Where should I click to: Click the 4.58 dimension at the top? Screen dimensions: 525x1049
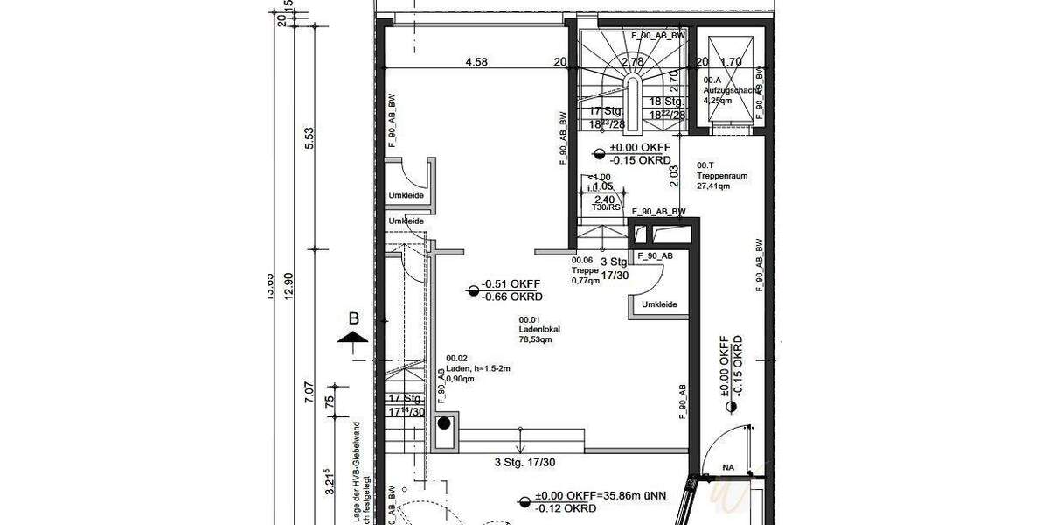(x=476, y=62)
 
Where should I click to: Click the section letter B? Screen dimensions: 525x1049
(x=353, y=318)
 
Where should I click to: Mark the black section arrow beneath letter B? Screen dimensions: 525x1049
(x=352, y=337)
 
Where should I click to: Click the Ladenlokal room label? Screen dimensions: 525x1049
(x=539, y=330)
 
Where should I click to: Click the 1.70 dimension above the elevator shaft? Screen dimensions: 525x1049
(x=731, y=62)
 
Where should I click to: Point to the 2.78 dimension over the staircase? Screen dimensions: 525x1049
(x=632, y=62)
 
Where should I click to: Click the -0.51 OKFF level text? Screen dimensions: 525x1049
(x=510, y=284)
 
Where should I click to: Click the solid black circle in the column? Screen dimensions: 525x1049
(x=444, y=424)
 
